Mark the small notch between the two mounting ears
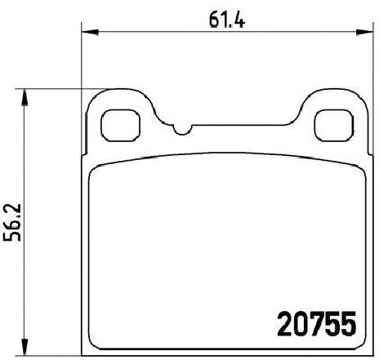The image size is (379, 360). coord(181,130)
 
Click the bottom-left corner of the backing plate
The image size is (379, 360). coord(87,342)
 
